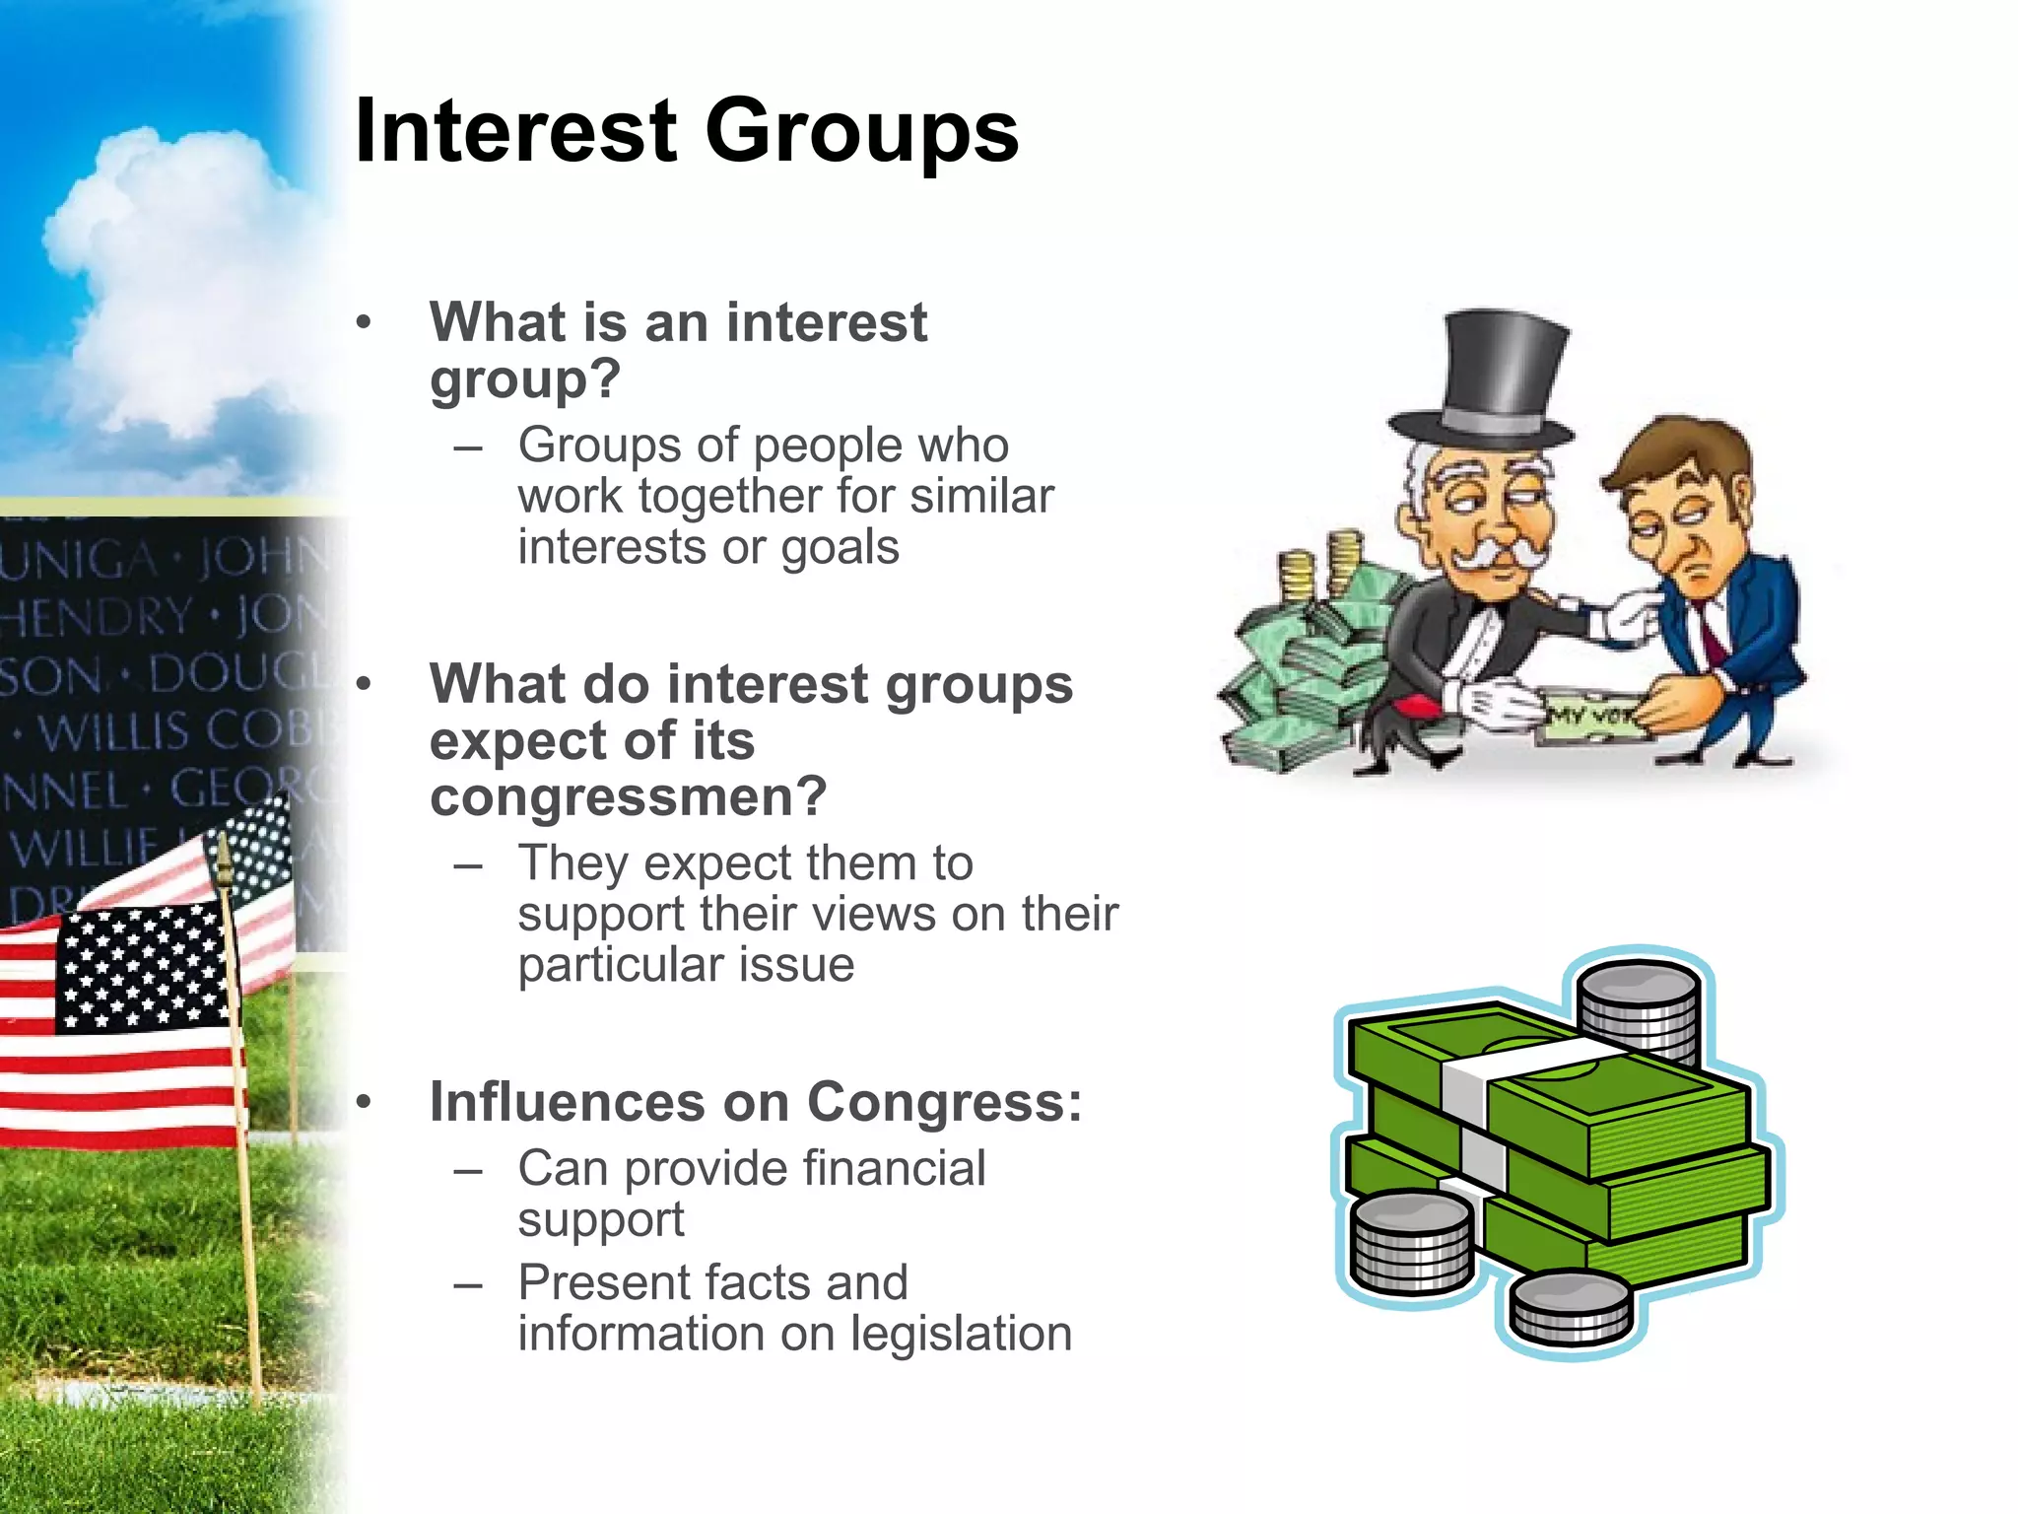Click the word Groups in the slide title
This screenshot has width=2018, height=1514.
[x=862, y=133]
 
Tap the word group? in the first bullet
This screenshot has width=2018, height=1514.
[x=525, y=379]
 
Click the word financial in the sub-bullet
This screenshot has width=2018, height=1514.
[x=894, y=1169]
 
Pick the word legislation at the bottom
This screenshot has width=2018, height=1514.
[x=961, y=1334]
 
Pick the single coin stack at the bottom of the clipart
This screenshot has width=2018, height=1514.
[x=1571, y=1308]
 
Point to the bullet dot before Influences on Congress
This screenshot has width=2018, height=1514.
[x=365, y=1102]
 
